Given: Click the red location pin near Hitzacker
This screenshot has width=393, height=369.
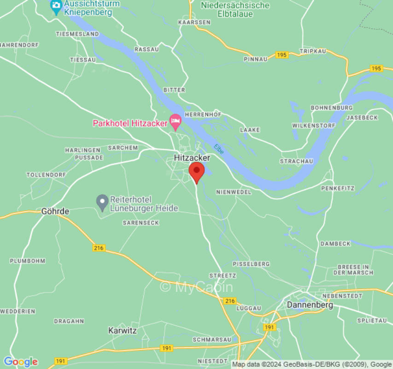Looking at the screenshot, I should (197, 172).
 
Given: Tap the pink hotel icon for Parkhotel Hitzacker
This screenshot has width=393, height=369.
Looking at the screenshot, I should (175, 122).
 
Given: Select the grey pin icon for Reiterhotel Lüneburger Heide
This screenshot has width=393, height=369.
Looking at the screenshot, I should (102, 202).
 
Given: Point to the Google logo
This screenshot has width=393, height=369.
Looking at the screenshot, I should (20, 362).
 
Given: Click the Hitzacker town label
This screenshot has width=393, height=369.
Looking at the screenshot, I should (192, 158).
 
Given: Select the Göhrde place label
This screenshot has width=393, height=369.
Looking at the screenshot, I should (55, 211).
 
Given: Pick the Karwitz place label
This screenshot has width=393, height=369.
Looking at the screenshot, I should (123, 330).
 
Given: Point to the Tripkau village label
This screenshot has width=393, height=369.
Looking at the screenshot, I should (312, 51).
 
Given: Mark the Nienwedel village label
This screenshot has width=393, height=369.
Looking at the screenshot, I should (234, 191).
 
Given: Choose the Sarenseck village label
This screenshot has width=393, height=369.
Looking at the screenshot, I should (141, 223).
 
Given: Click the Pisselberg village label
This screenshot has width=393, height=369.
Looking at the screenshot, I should (251, 264).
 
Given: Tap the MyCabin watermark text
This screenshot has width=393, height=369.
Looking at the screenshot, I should (196, 287).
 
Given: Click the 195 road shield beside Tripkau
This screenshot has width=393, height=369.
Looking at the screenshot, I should (282, 55).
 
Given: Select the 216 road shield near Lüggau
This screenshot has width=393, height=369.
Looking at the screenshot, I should (229, 301).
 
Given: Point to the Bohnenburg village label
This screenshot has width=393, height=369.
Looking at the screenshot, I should (332, 107).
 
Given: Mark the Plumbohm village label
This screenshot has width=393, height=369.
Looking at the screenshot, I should (28, 261).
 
